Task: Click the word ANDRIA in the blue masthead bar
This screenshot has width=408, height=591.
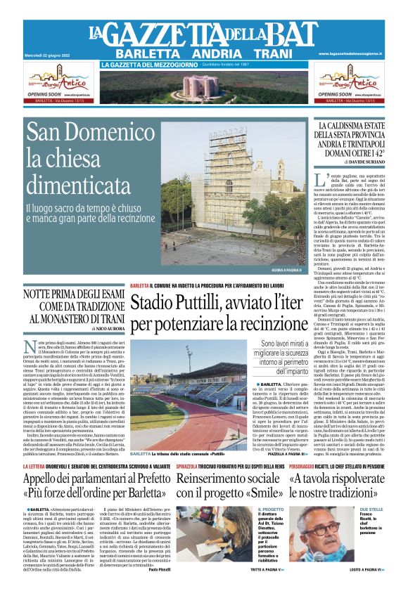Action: tap(203, 54)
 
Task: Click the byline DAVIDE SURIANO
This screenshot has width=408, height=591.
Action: tap(362, 162)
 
